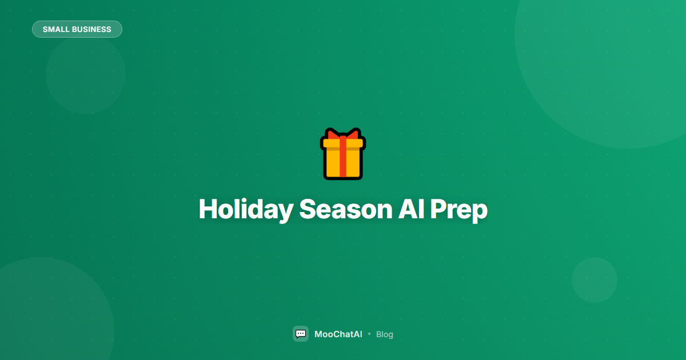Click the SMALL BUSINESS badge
click(77, 29)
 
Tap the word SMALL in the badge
click(55, 29)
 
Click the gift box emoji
click(343, 154)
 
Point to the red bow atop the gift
click(343, 135)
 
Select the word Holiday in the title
click(245, 210)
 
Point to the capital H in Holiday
click(208, 209)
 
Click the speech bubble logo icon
click(301, 334)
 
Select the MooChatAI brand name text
click(338, 334)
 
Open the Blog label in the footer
click(385, 334)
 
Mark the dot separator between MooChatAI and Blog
click(369, 334)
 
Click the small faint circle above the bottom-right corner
click(595, 280)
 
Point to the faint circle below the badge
click(86, 74)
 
